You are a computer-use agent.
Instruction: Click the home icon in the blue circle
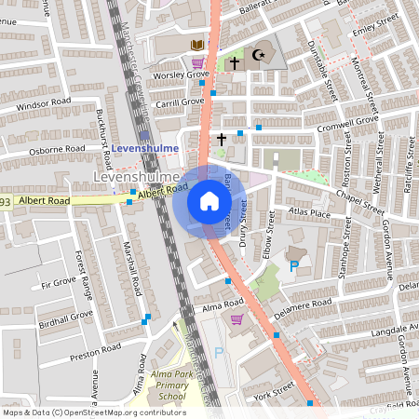tap(209, 200)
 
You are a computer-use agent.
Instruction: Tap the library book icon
tap(196, 45)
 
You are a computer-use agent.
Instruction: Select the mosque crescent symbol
tap(259, 56)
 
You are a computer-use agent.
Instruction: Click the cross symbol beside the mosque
tap(235, 62)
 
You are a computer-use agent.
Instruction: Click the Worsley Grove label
tap(182, 74)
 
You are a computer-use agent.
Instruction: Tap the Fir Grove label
tap(58, 280)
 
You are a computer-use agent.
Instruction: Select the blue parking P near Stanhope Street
tap(294, 266)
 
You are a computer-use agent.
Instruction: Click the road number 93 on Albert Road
tap(6, 201)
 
